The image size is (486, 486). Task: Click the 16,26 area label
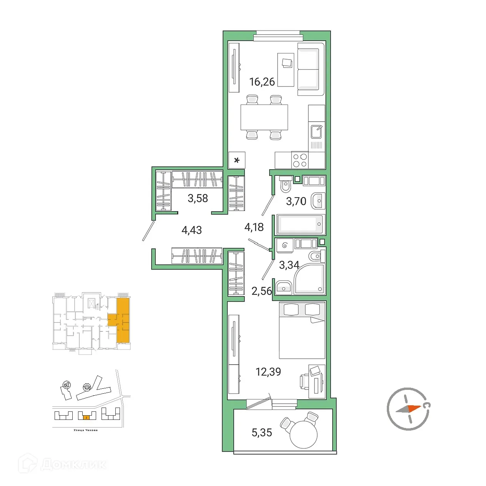click(262, 82)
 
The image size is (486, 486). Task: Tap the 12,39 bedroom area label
click(268, 372)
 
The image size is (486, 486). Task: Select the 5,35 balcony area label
click(261, 433)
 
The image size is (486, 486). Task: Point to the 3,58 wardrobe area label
click(198, 198)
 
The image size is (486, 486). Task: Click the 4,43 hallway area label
click(191, 230)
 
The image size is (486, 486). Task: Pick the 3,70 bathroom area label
click(296, 201)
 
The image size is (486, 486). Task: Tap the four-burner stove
click(300, 160)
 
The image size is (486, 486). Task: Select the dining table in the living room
click(264, 117)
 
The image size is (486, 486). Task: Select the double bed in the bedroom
click(302, 331)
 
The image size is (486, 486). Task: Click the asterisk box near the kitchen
click(237, 160)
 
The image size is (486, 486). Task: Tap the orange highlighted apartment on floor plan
click(123, 321)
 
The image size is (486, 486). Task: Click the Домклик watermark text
click(73, 464)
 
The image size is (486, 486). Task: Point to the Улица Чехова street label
click(85, 430)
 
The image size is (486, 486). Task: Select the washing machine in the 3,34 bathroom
click(285, 245)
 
